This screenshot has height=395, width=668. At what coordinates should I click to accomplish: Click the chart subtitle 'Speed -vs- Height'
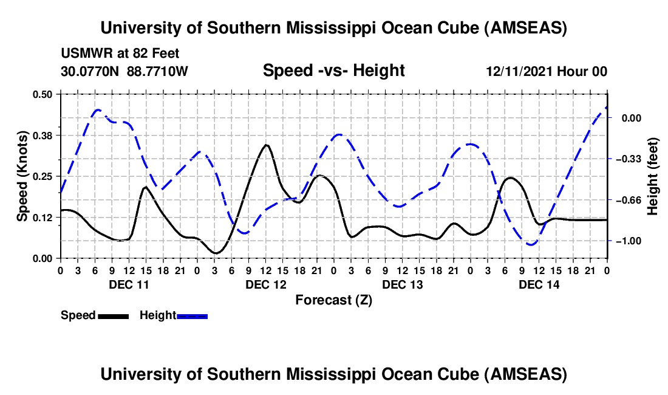click(x=333, y=71)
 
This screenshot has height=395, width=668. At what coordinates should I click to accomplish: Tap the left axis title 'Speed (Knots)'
click(x=22, y=176)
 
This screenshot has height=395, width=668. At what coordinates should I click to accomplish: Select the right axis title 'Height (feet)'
click(x=653, y=176)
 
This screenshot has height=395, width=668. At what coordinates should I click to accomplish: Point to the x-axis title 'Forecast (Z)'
click(x=333, y=300)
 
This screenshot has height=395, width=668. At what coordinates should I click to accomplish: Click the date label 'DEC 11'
click(x=129, y=284)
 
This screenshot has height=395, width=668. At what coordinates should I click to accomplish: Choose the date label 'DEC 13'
click(x=402, y=284)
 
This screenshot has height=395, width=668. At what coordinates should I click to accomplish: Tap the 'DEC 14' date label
click(x=539, y=284)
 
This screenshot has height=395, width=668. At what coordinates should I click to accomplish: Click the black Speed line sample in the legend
click(x=113, y=316)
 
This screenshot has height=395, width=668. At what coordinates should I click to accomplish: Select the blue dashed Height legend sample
click(x=192, y=316)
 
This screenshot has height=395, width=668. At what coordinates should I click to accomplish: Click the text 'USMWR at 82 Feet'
click(x=120, y=54)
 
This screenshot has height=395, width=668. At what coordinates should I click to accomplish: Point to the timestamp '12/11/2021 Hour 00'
click(x=547, y=72)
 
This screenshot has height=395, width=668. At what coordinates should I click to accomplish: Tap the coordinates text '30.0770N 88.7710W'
click(x=124, y=72)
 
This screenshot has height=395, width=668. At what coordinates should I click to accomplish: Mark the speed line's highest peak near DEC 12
click(x=266, y=145)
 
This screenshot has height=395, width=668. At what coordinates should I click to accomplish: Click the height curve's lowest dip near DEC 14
click(x=531, y=245)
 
